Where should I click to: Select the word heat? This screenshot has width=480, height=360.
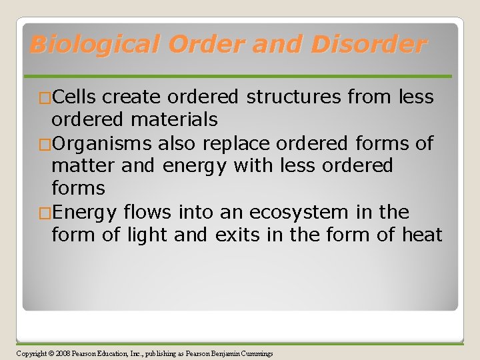[420, 235]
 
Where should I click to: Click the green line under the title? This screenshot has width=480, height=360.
[240, 77]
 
